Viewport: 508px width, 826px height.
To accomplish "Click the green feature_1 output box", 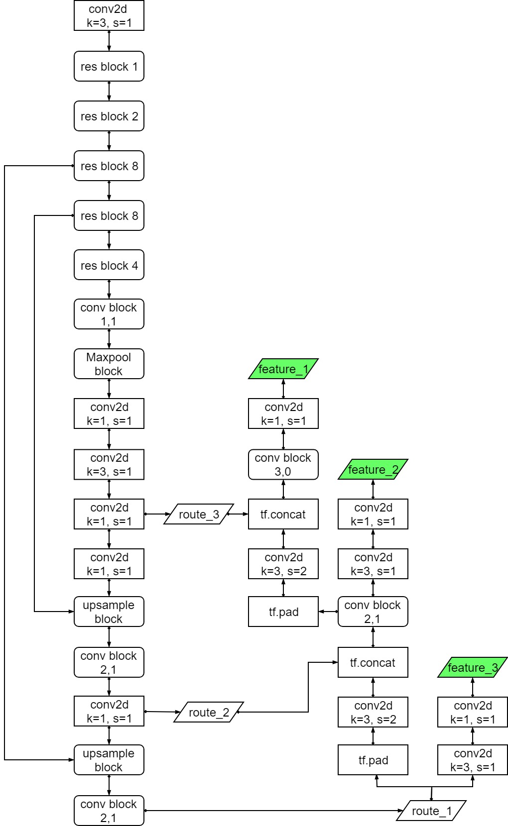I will click(283, 369).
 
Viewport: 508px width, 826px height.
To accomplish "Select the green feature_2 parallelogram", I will click(373, 469).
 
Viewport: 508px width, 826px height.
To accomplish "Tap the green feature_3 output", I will click(472, 667).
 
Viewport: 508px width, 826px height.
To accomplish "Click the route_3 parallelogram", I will click(199, 514).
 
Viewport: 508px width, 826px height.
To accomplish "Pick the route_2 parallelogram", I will click(209, 712).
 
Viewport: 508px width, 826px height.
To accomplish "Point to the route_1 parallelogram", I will click(431, 811).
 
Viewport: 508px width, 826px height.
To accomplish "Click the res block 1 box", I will click(109, 66).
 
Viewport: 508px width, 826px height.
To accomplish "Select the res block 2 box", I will click(109, 116).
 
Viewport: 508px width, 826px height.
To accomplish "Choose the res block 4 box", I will click(109, 265).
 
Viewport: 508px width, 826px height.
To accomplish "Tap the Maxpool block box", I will click(109, 364).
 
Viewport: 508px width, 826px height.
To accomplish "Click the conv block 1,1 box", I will click(109, 314).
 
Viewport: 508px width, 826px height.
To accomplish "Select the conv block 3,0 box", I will click(283, 464).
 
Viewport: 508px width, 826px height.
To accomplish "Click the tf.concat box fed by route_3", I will click(283, 514).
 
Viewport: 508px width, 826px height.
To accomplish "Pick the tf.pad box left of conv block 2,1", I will click(283, 612).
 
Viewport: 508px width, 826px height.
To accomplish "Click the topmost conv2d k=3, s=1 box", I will click(109, 15).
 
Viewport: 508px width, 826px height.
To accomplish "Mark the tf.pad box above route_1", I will click(373, 760).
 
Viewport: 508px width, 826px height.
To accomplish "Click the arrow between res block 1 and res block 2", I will click(109, 91).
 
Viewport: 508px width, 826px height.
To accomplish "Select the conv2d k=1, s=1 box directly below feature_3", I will click(472, 712).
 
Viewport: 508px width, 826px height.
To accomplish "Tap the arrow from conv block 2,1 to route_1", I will click(271, 811).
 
